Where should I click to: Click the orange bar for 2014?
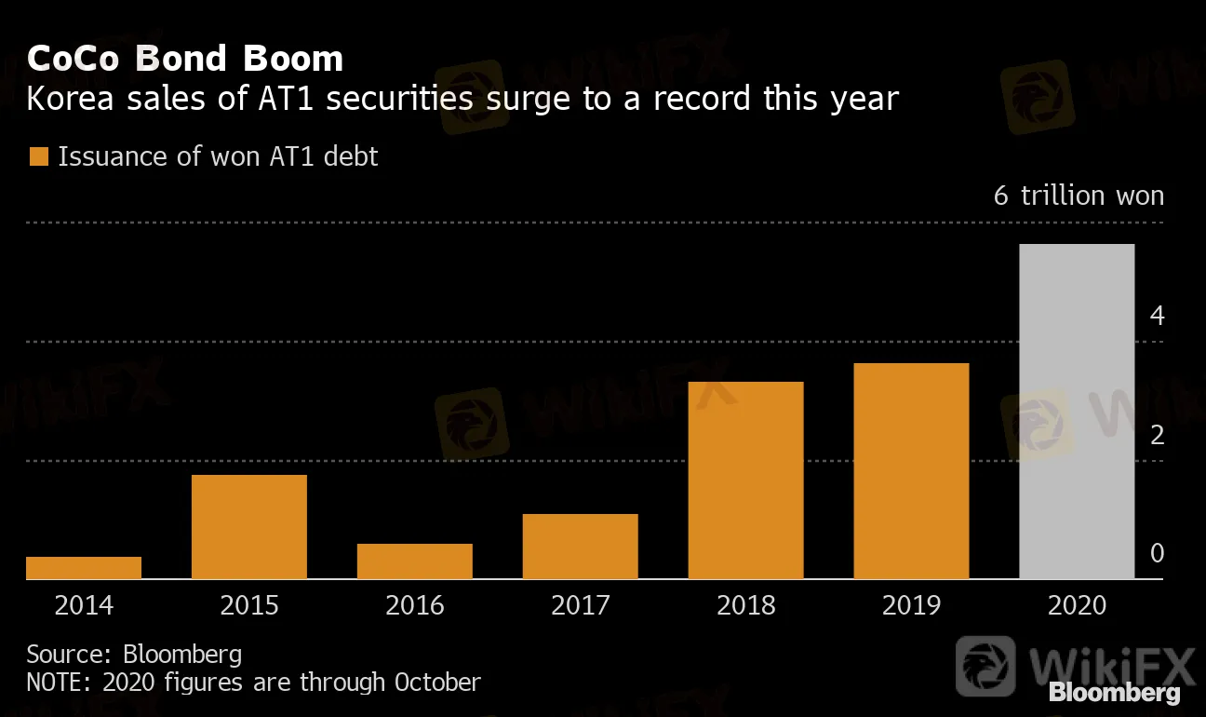pos(84,568)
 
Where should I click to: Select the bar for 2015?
pos(249,527)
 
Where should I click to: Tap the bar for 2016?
pos(415,561)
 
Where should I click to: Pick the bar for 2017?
pos(581,547)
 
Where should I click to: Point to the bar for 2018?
pos(746,480)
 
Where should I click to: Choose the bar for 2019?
pos(912,471)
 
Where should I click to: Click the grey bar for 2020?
pos(1078,412)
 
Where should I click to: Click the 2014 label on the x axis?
pos(84,605)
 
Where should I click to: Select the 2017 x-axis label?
pos(581,605)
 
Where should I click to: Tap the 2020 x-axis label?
pos(1078,605)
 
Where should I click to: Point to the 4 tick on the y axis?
pos(1157,316)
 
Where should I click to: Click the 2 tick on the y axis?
pos(1157,435)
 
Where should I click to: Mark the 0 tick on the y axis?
pos(1157,553)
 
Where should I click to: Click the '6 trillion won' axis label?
pos(1079,196)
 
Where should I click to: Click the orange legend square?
pos(38,156)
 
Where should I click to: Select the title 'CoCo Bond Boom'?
pos(185,59)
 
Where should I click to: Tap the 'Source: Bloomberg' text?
pos(134,654)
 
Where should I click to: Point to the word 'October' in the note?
pos(437,682)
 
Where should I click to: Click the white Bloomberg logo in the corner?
pos(1114,693)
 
